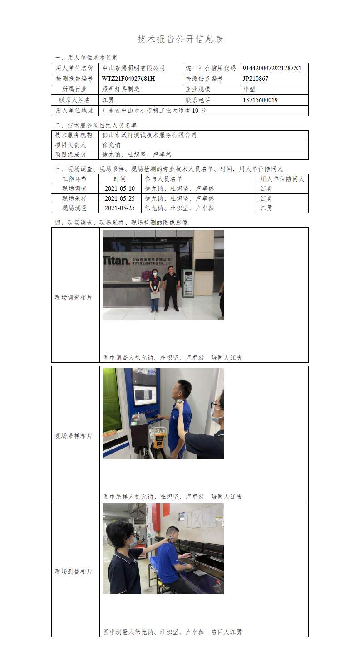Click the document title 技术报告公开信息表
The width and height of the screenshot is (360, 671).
click(x=180, y=39)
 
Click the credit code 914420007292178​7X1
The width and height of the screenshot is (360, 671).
click(x=272, y=68)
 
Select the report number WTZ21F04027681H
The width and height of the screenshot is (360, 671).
click(x=128, y=79)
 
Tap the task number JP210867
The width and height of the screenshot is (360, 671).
click(x=256, y=79)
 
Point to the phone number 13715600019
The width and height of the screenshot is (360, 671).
click(x=260, y=100)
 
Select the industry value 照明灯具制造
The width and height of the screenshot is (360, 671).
click(x=121, y=89)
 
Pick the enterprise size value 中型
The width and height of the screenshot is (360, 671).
click(x=249, y=89)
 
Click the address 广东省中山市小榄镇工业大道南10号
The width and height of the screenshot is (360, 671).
click(x=154, y=110)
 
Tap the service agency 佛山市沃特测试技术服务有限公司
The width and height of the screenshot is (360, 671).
click(x=149, y=135)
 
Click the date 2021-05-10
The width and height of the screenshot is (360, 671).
click(x=120, y=189)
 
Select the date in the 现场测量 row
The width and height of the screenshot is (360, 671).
click(x=120, y=208)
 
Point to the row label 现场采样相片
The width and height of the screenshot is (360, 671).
click(x=74, y=436)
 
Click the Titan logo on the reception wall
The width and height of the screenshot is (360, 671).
click(x=117, y=260)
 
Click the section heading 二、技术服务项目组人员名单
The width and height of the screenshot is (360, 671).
click(x=96, y=125)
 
